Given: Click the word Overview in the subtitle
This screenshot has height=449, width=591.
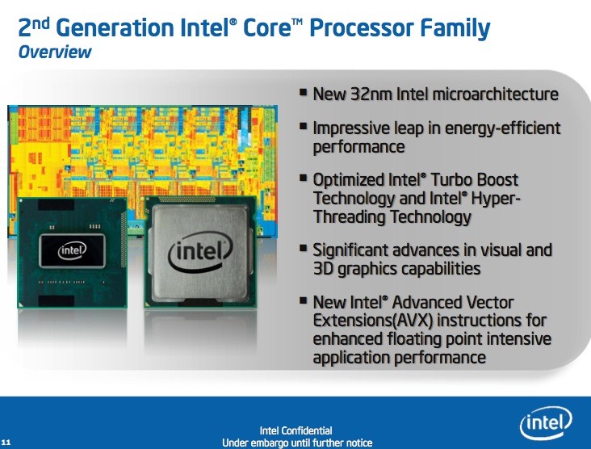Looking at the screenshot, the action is tap(55, 52).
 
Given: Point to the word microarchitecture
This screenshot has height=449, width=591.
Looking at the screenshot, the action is tap(496, 94).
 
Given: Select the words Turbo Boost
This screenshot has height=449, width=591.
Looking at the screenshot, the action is tap(475, 180).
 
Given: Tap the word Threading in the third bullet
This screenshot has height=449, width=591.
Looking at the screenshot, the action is tap(350, 216).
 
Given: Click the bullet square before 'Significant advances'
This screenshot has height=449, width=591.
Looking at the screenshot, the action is tap(303, 248).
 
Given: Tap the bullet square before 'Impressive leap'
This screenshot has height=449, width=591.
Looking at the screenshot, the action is tap(303, 126).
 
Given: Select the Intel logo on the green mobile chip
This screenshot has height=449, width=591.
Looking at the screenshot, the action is tap(72, 250).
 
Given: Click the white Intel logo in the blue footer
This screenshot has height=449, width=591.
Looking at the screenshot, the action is tap(546, 423).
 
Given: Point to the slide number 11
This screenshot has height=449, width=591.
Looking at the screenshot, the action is tap(6, 443).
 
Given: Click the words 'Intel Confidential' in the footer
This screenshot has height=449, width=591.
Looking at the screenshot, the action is tap(295, 430).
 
